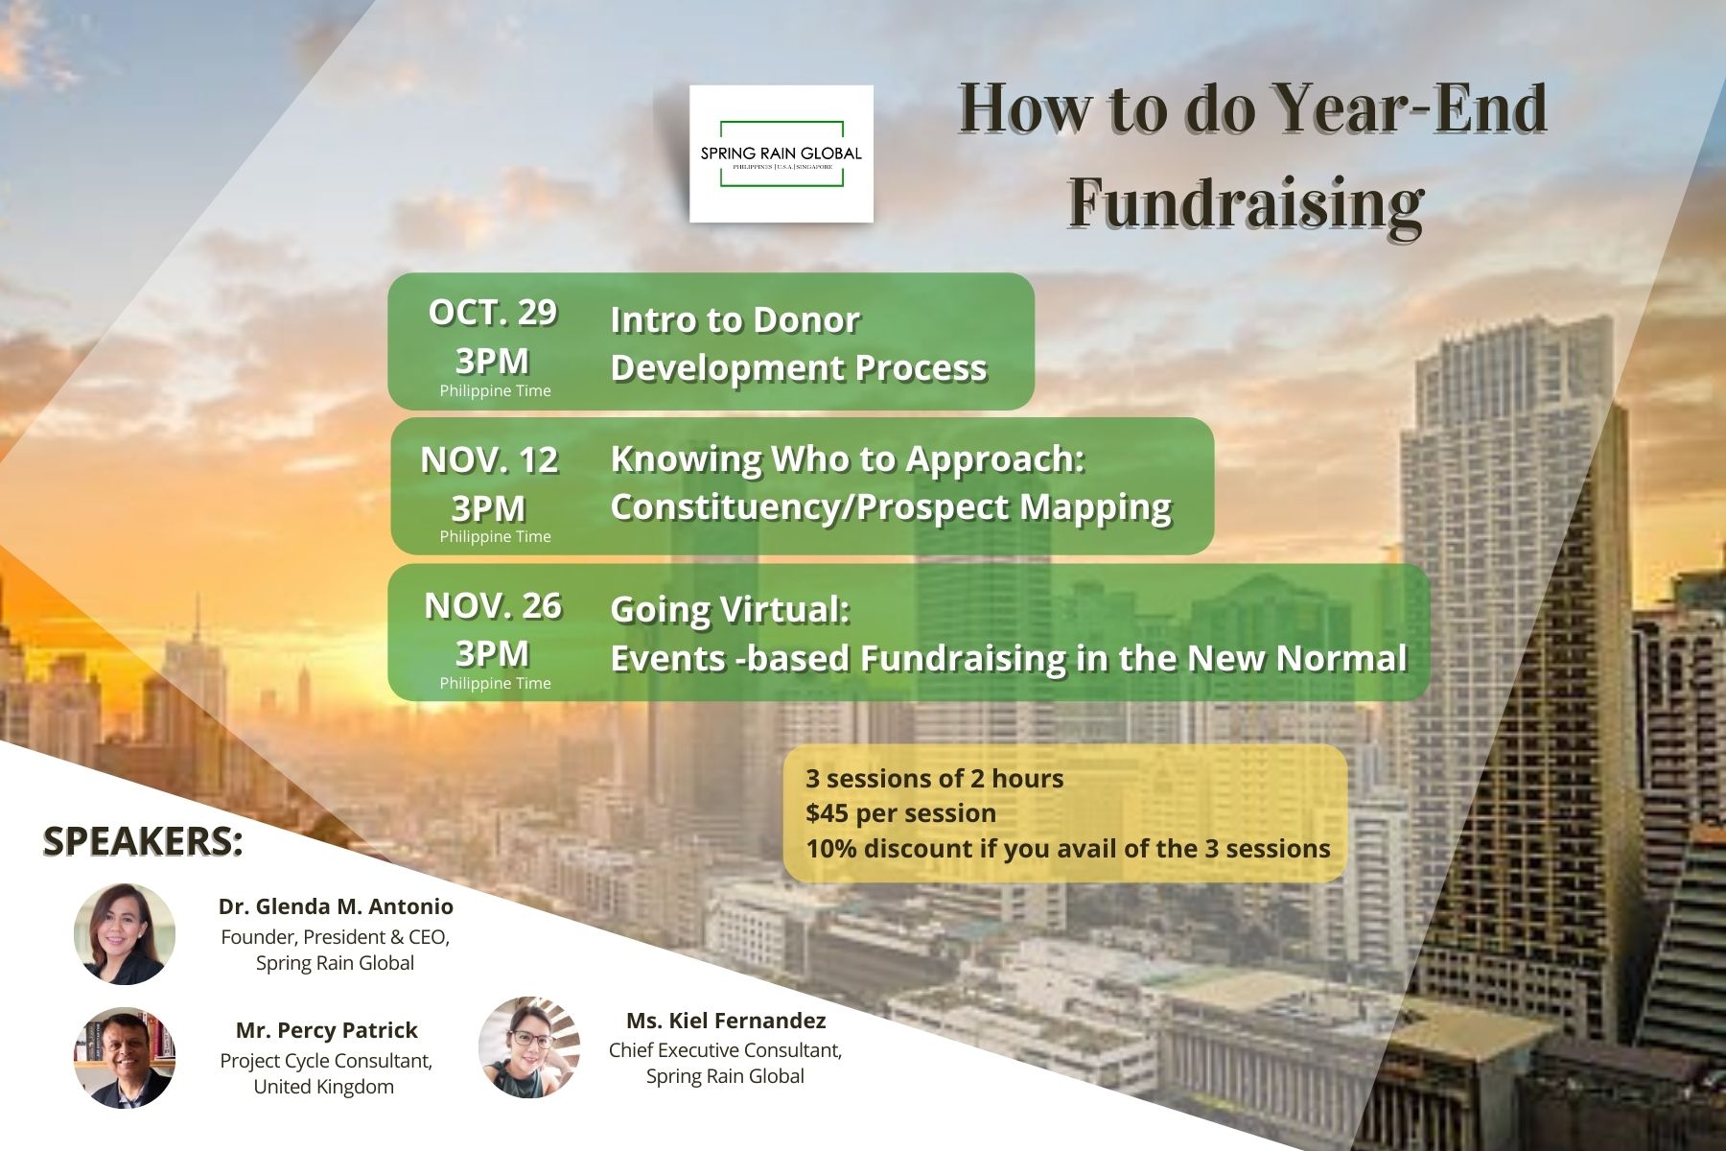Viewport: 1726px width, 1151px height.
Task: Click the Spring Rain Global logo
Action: (781, 153)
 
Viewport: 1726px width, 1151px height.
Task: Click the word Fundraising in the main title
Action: (1246, 203)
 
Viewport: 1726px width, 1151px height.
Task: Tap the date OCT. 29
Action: (493, 312)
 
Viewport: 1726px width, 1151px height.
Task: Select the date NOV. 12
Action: (489, 459)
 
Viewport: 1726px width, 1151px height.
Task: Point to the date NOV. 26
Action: (493, 605)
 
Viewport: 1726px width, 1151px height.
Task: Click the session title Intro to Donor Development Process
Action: (799, 343)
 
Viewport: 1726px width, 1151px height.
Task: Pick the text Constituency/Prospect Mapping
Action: (891, 506)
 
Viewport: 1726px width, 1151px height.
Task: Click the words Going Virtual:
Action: (731, 609)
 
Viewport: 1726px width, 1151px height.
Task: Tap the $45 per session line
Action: (901, 813)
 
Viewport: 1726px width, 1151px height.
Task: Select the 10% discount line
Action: (1068, 849)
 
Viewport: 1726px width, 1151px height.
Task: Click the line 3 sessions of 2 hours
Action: (935, 778)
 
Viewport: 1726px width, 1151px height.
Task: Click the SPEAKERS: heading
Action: (143, 840)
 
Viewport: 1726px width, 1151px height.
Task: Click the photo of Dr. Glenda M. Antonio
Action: (125, 934)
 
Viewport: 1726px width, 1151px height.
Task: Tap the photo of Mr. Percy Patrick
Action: (125, 1058)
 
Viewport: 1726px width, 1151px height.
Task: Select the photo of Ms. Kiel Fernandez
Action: (529, 1047)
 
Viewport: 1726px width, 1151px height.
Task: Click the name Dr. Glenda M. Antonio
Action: (336, 906)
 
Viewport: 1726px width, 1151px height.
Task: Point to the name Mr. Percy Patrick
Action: (327, 1030)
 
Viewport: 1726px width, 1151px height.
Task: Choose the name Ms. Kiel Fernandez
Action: (726, 1021)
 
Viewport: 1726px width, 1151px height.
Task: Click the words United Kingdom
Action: (324, 1087)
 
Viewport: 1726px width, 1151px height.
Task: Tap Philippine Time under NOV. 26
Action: (495, 683)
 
